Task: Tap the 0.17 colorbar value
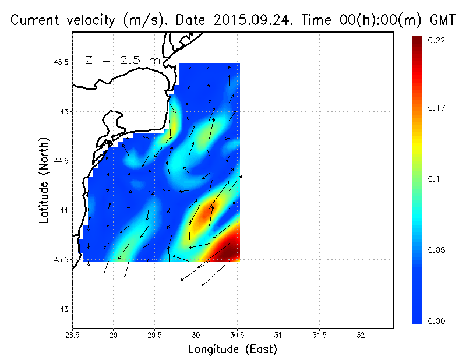(x=437, y=108)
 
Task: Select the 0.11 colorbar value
(x=437, y=179)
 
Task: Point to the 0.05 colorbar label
(x=437, y=250)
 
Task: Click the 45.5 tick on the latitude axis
(x=61, y=62)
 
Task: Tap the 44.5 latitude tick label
(x=61, y=160)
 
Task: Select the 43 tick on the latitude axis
(x=65, y=308)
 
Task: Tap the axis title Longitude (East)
(x=232, y=350)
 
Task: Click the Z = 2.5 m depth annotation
(x=122, y=60)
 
